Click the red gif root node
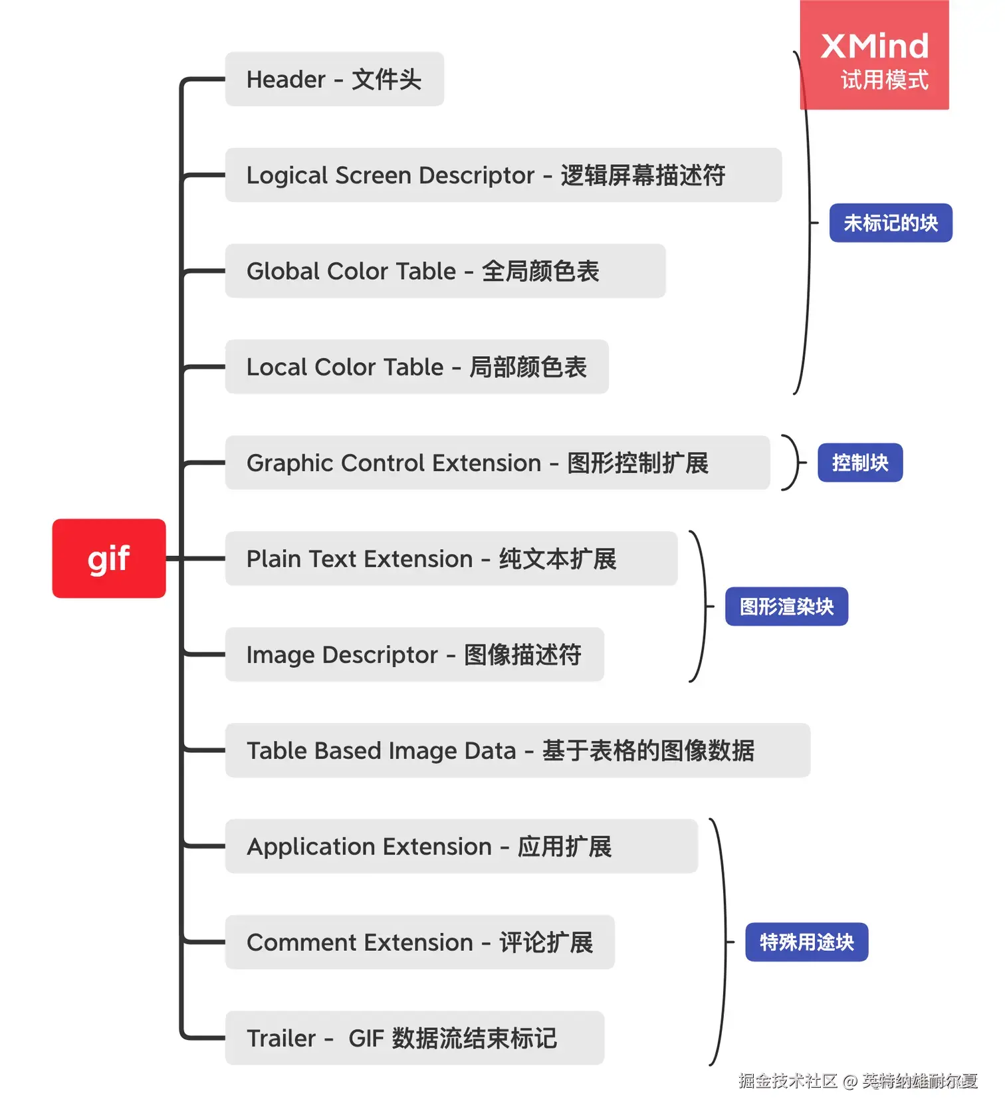pyautogui.click(x=109, y=558)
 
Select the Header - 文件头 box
pyautogui.click(x=334, y=79)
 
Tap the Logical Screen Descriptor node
pyautogui.click(x=503, y=175)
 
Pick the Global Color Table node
pyautogui.click(x=445, y=271)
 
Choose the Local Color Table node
pyautogui.click(x=417, y=367)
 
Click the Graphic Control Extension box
pyautogui.click(x=497, y=462)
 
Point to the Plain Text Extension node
pyautogui.click(x=451, y=558)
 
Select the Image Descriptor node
pyautogui.click(x=414, y=655)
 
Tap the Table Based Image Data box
pyautogui.click(x=517, y=750)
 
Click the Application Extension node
pyautogui.click(x=461, y=846)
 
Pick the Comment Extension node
pyautogui.click(x=419, y=942)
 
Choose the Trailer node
pyautogui.click(x=414, y=1038)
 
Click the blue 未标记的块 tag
pyautogui.click(x=891, y=223)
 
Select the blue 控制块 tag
pyautogui.click(x=860, y=462)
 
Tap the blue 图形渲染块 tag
pyautogui.click(x=786, y=606)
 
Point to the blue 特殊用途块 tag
pyautogui.click(x=806, y=942)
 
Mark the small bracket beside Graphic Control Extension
pyautogui.click(x=792, y=462)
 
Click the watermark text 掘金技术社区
pyautogui.click(x=788, y=1081)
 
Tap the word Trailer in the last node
pyautogui.click(x=281, y=1038)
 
